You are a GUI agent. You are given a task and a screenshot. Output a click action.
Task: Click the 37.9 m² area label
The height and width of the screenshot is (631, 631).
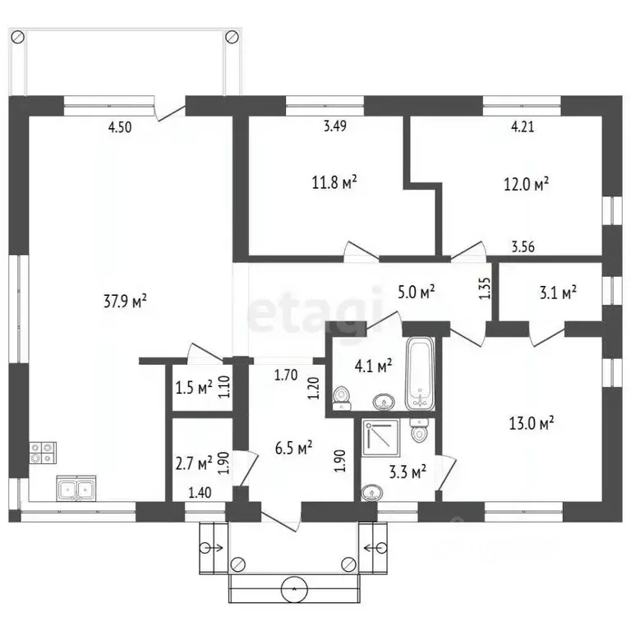pos(125,301)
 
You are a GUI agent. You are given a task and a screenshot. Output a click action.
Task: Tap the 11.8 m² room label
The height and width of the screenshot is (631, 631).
pos(334,182)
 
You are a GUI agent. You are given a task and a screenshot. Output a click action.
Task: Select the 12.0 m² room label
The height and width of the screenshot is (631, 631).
pos(527,184)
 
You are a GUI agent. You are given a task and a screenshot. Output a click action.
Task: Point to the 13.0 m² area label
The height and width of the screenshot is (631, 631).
pos(532,423)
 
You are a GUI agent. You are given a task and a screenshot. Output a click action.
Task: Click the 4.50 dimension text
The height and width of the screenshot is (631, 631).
pos(120,127)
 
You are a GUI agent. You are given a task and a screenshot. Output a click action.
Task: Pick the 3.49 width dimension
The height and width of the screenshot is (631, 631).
pos(335,126)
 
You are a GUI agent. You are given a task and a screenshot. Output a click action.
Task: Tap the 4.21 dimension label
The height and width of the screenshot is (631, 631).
pos(523,127)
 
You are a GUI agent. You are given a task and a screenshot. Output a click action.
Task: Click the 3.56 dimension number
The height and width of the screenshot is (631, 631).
pos(523,246)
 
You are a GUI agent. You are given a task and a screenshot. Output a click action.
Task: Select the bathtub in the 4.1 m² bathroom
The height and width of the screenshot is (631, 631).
pos(420,374)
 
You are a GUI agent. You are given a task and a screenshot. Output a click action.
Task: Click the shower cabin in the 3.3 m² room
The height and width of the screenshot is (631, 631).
pos(380,437)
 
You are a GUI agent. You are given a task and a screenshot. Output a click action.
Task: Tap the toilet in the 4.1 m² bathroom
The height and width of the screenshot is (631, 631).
pos(342,398)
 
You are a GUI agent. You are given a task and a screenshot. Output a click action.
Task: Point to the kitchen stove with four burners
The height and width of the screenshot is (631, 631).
pos(42,454)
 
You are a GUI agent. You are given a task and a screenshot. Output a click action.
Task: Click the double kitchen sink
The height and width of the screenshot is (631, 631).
pos(76,489)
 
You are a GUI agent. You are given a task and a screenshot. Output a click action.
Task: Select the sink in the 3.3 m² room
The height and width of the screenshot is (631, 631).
pos(372,493)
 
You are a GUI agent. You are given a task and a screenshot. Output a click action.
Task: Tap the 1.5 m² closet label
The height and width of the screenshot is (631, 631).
pos(194,388)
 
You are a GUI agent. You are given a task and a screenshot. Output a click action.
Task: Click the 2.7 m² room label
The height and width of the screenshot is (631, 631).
pos(194,463)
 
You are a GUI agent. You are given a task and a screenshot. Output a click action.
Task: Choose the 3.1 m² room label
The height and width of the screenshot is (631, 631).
pos(558,292)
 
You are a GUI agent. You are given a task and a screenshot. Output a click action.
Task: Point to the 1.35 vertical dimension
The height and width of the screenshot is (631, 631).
pos(486,288)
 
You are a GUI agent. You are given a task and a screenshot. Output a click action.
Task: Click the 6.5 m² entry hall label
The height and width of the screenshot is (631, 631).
pos(294,448)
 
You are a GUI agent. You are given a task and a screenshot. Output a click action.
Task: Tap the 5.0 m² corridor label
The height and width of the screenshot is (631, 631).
pos(416,292)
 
